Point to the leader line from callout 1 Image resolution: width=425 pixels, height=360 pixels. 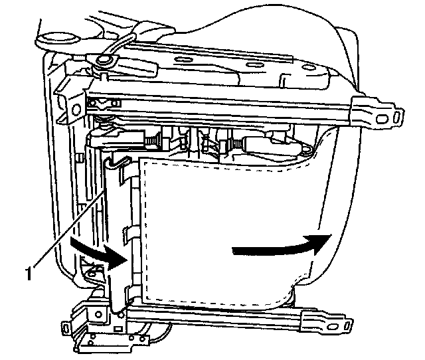tap(70, 229)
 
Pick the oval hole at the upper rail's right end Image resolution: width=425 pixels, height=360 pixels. tap(396, 118)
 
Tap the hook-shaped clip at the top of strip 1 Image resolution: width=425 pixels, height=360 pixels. tap(120, 160)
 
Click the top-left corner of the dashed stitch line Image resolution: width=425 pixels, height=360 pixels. tap(145, 164)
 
